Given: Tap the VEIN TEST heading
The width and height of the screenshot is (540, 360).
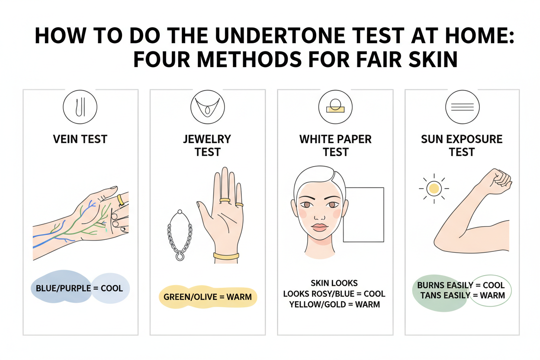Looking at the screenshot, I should click(x=80, y=139).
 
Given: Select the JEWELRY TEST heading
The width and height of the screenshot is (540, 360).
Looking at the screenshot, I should click(x=208, y=145).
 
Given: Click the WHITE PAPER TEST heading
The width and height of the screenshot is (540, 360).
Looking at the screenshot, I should click(x=335, y=145).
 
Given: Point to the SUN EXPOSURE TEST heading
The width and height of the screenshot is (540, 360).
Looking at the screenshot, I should click(x=462, y=145).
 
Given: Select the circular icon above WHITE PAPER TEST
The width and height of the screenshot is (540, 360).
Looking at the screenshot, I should click(x=335, y=106).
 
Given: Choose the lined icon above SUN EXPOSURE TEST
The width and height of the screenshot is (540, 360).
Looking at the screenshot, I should click(x=462, y=106).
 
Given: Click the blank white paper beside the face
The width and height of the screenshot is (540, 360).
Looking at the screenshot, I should click(x=363, y=215).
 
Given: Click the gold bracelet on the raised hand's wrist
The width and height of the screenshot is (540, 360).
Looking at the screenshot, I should click(x=226, y=256).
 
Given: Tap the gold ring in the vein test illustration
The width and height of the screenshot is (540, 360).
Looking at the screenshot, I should click(x=121, y=199).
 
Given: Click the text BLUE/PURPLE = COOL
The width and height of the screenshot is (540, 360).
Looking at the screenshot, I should click(x=80, y=288).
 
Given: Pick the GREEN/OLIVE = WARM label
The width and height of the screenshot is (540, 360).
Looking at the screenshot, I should click(x=208, y=297).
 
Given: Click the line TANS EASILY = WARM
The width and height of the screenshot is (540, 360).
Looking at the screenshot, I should click(x=463, y=295).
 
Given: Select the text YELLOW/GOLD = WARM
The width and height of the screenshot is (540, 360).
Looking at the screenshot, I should click(x=335, y=304).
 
